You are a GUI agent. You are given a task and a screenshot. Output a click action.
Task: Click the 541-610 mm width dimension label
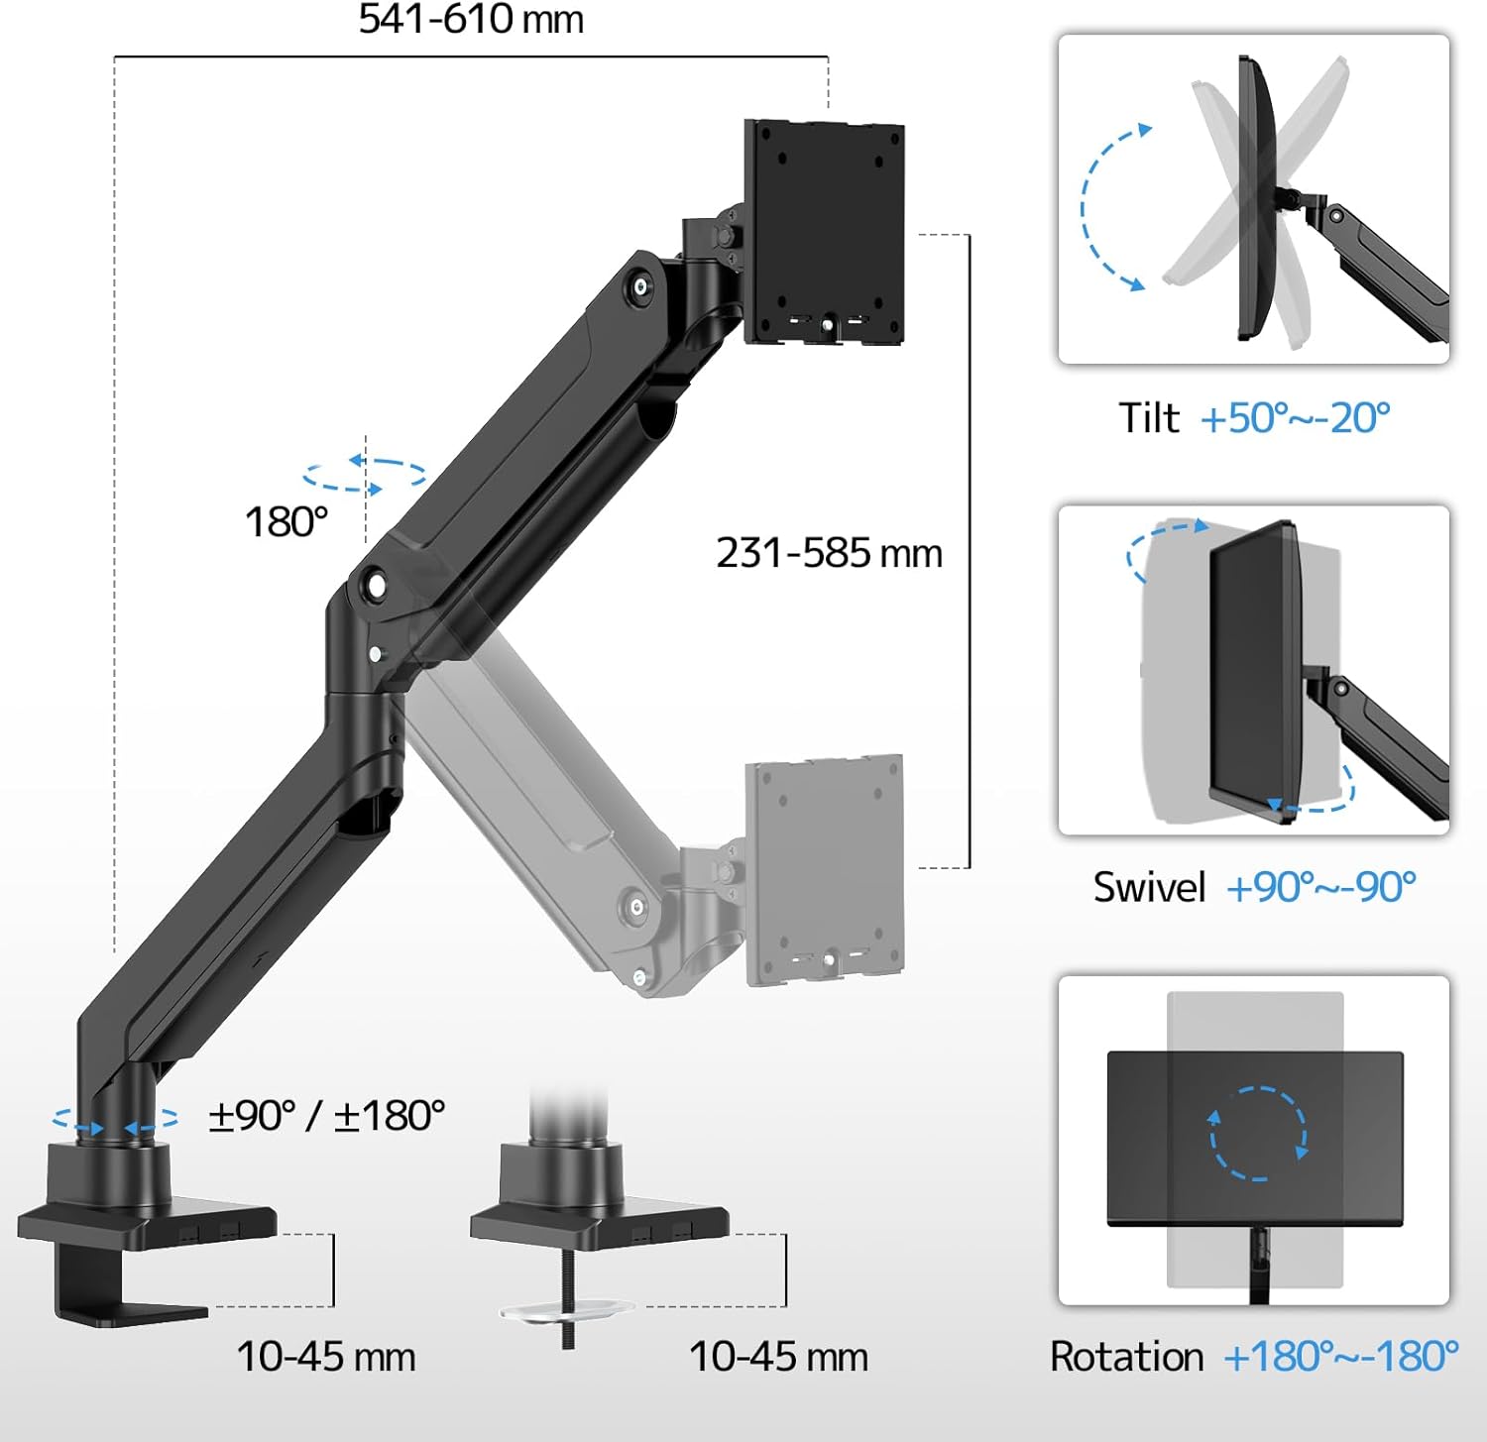tap(471, 20)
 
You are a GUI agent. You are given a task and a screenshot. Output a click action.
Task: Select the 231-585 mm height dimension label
tap(829, 553)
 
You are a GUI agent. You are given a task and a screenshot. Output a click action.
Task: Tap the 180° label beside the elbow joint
tap(286, 522)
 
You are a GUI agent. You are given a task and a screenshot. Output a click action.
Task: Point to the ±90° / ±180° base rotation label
tap(326, 1116)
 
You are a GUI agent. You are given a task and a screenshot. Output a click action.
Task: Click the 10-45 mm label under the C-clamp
tap(325, 1357)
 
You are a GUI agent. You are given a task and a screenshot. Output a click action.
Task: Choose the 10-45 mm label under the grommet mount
tap(778, 1357)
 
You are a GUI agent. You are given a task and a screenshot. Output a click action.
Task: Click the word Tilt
tap(1148, 418)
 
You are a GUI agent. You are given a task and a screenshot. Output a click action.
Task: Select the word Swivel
tap(1149, 887)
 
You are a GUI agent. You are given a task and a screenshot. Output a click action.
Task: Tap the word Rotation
tap(1126, 1357)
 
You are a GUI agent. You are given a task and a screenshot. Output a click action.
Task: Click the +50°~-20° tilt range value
tap(1295, 418)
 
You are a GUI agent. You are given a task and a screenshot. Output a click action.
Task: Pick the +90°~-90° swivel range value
tap(1320, 887)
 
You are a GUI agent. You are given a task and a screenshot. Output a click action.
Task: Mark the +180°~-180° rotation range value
tap(1340, 1357)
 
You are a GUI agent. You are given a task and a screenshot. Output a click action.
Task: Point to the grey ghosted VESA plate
tap(824, 870)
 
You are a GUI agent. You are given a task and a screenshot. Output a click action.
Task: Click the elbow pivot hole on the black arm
tap(376, 585)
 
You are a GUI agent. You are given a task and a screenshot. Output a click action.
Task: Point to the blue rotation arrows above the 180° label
tap(364, 475)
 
